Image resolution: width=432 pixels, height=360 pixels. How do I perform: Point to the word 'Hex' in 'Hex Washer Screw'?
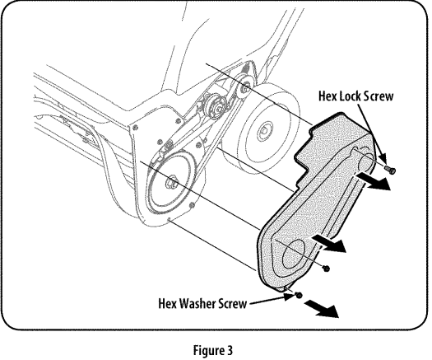click(169, 302)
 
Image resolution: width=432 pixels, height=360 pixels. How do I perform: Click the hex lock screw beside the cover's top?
click(390, 169)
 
